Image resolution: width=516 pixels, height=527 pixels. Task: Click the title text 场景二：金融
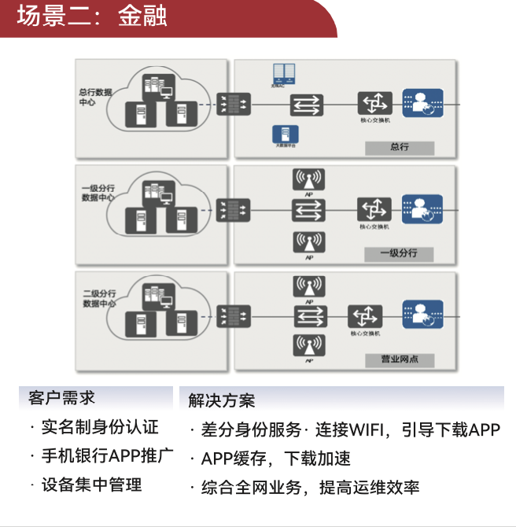tap(92, 17)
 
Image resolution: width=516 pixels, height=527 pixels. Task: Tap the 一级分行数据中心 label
tap(98, 193)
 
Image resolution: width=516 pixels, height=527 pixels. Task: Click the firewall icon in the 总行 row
tap(234, 104)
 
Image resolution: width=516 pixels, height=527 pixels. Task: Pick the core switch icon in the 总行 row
tap(374, 103)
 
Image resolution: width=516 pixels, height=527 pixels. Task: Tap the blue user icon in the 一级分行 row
tap(422, 209)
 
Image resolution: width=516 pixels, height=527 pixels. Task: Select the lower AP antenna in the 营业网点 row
tap(308, 346)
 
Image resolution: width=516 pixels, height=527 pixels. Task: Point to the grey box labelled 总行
tap(400, 147)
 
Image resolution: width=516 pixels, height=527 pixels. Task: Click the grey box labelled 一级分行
tap(398, 253)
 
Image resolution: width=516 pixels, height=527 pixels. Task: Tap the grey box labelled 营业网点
tap(400, 359)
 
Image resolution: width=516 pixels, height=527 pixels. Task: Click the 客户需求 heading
tap(61, 397)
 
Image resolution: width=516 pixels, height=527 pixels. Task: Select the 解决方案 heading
tap(222, 400)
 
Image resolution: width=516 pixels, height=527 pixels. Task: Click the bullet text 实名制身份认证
tap(100, 427)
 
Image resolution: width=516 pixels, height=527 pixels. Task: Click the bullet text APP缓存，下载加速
tap(275, 459)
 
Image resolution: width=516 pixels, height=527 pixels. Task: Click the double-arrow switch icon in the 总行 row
tap(307, 104)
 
